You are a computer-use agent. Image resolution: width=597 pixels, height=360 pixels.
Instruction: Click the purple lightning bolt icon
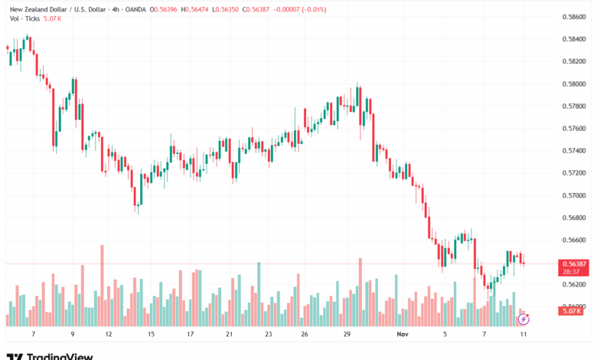click(x=524, y=316)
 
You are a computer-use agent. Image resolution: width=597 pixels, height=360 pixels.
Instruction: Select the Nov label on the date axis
click(x=403, y=334)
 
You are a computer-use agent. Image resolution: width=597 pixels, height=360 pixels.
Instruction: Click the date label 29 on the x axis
click(x=347, y=334)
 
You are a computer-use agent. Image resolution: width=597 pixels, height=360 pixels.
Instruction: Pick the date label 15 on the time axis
click(x=151, y=334)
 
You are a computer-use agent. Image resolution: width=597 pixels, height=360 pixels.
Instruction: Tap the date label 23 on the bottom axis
click(x=269, y=334)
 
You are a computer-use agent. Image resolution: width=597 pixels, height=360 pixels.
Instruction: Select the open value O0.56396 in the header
click(x=163, y=8)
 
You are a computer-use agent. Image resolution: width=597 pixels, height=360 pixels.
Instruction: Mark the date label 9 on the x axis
click(x=72, y=334)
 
